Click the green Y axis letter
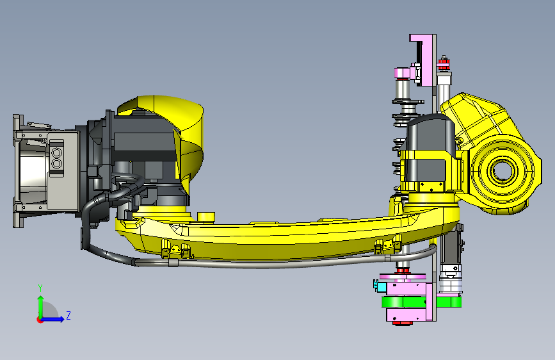pos(40,288)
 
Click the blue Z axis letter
pos(68,315)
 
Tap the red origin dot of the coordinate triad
pos(40,320)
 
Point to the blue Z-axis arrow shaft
pos(51,319)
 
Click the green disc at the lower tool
pos(421,302)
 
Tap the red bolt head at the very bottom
pos(403,323)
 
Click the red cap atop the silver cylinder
pos(443,64)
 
